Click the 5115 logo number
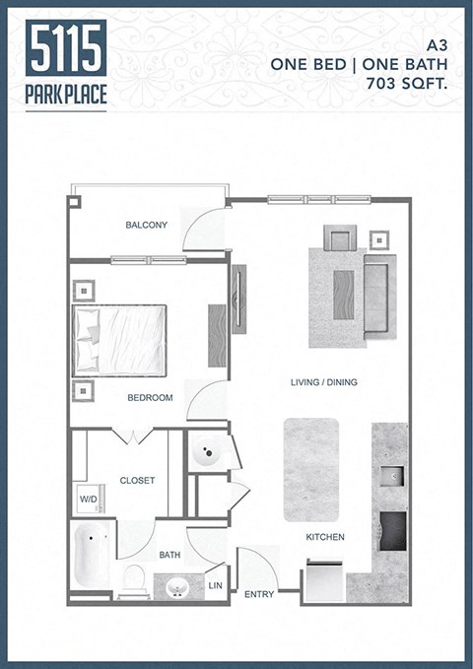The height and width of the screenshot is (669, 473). [x=67, y=48]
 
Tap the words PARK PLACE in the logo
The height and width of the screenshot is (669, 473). [x=67, y=95]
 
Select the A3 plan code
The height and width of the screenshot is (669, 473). [x=437, y=44]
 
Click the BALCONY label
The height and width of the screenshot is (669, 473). [x=146, y=226]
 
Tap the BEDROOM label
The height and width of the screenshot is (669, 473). [x=150, y=398]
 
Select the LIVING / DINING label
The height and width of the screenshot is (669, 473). [x=323, y=382]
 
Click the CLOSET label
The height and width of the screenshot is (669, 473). [x=138, y=481]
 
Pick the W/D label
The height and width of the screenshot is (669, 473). [x=88, y=500]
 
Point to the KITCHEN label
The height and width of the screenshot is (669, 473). [x=324, y=537]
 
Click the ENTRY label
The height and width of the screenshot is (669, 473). [x=259, y=594]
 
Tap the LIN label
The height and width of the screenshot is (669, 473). [x=216, y=585]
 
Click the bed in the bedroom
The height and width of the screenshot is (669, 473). [x=118, y=340]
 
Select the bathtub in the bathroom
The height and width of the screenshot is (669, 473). [x=93, y=556]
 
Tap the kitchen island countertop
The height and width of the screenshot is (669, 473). [x=311, y=469]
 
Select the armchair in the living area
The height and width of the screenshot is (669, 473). [x=341, y=239]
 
